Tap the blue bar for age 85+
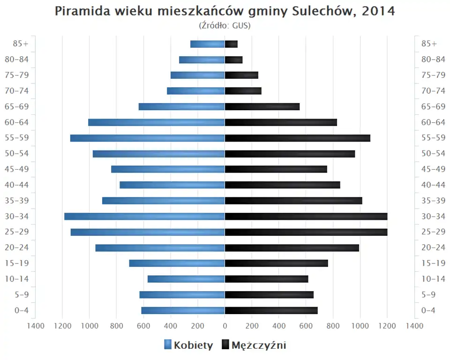tap(207, 44)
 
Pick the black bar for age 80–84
tap(233, 60)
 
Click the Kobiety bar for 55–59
tap(147, 138)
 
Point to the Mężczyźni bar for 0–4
tap(271, 310)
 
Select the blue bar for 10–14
tap(186, 279)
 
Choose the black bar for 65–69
tap(262, 106)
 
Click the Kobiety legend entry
tap(188, 345)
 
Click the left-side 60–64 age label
tap(17, 122)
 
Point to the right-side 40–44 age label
tap(433, 185)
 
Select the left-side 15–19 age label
tap(17, 263)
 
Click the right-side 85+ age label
tap(429, 44)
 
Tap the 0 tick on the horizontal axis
tap(225, 326)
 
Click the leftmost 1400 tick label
tap(35, 326)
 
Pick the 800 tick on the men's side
tap(333, 326)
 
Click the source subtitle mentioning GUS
tap(225, 25)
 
